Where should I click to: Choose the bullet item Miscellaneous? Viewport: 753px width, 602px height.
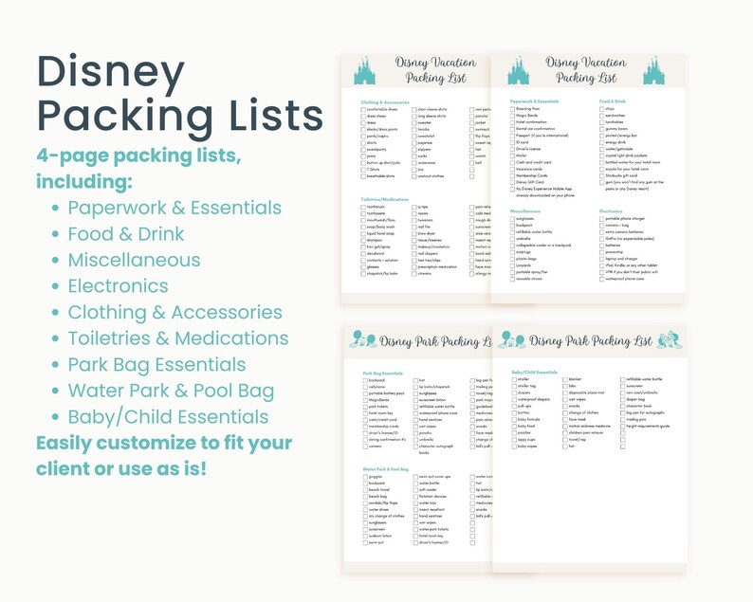click(x=134, y=260)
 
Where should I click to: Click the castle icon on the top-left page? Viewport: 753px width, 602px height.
click(x=363, y=70)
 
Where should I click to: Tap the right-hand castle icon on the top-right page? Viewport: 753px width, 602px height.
click(x=653, y=69)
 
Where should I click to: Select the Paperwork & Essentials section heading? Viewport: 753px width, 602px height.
click(x=534, y=100)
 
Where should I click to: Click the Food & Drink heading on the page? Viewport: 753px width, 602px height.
click(x=613, y=100)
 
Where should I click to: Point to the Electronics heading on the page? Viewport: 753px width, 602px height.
click(x=611, y=211)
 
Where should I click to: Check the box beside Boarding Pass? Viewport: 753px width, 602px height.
click(x=512, y=109)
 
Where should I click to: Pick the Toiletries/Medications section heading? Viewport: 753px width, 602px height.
click(x=384, y=200)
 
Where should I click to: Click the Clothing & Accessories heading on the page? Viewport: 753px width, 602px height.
click(x=385, y=102)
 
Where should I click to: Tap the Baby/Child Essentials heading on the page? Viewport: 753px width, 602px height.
click(x=535, y=373)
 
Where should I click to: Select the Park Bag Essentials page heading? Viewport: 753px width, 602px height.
click(x=382, y=374)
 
